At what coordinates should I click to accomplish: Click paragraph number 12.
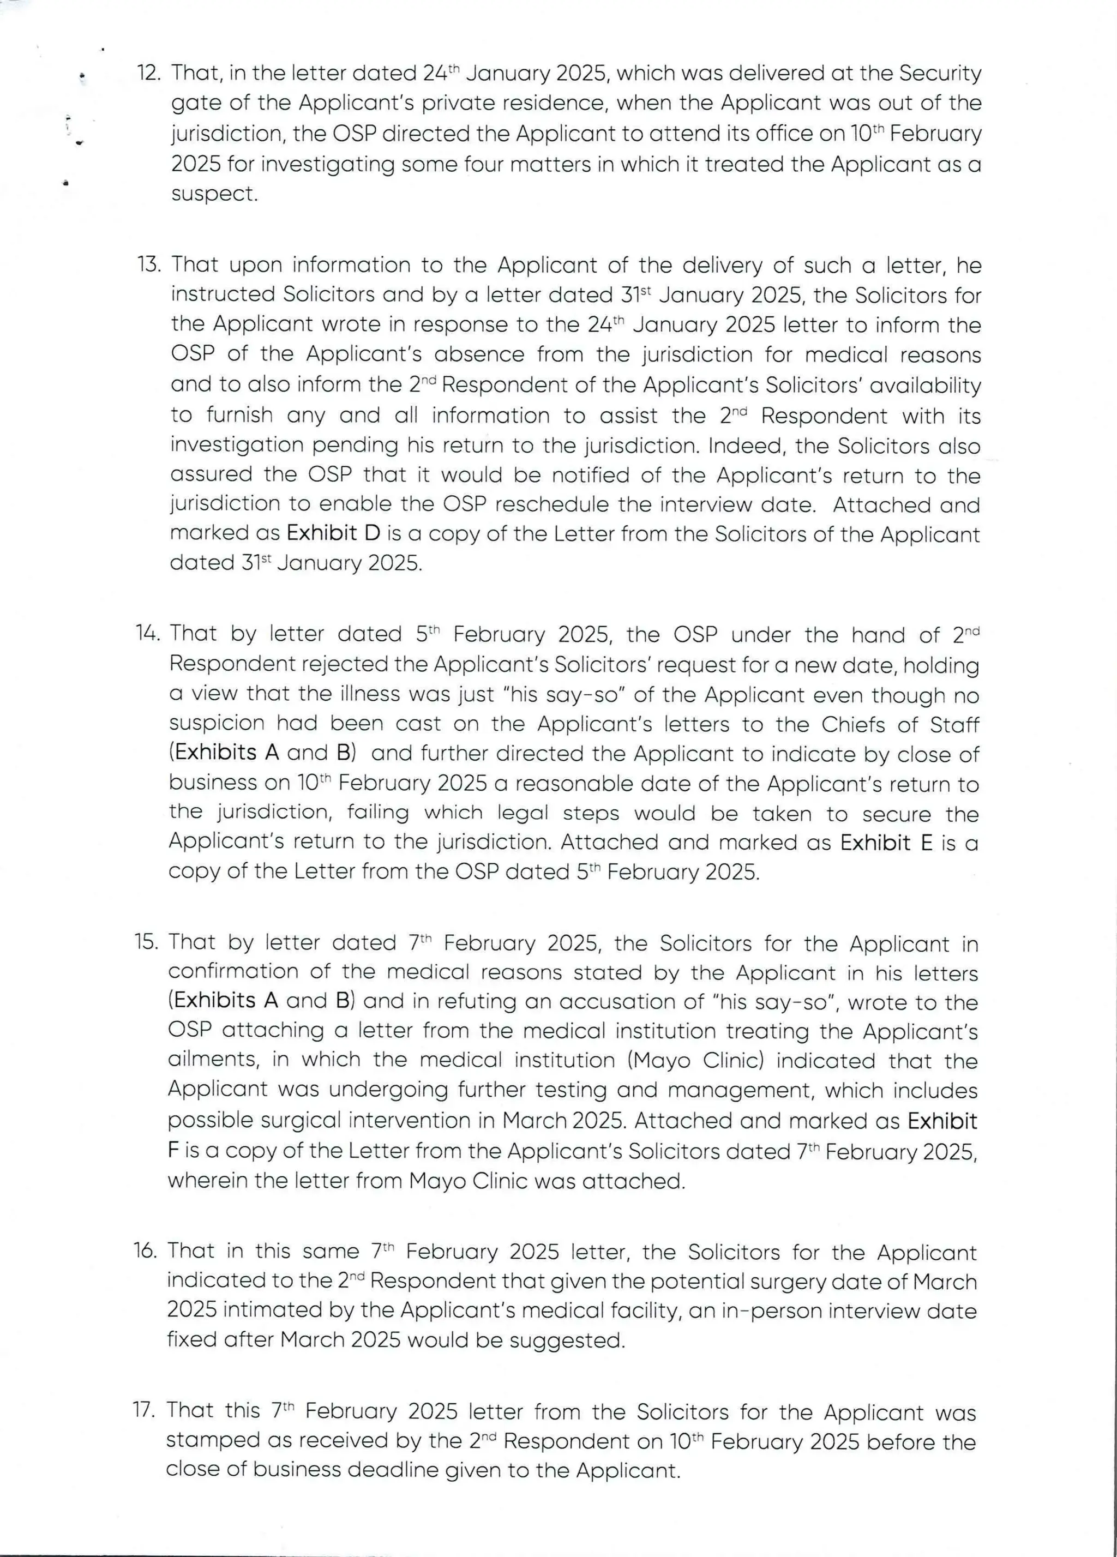click(x=149, y=73)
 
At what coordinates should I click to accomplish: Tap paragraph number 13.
click(x=149, y=264)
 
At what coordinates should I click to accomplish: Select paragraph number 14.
click(x=148, y=633)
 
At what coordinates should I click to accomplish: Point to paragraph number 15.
click(x=146, y=942)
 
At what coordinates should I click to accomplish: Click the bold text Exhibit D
click(x=333, y=533)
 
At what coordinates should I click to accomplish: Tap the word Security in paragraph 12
click(x=940, y=73)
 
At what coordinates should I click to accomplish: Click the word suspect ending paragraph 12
click(x=214, y=194)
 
